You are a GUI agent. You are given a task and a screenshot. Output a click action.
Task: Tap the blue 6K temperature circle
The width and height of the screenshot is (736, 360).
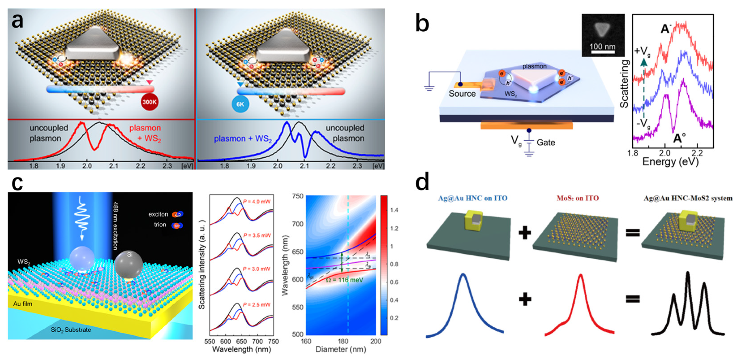(x=240, y=104)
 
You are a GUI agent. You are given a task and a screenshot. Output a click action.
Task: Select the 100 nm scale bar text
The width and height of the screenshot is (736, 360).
(x=602, y=46)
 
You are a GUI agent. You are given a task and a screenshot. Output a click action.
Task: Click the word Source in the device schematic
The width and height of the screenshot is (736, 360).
(x=462, y=94)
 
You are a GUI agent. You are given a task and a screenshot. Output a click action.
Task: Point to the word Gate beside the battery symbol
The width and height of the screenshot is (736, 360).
(x=546, y=142)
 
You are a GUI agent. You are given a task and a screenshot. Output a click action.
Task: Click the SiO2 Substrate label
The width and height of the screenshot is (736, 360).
(x=71, y=330)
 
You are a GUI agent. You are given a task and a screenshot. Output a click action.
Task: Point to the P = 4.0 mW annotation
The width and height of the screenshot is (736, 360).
(x=257, y=202)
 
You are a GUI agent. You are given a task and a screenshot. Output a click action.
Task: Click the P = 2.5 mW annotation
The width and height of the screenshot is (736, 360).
(x=257, y=305)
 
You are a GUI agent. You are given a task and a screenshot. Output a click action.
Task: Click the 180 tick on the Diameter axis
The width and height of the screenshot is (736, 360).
(x=342, y=341)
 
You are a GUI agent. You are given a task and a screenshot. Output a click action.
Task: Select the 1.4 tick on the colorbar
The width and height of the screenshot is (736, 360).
(x=394, y=210)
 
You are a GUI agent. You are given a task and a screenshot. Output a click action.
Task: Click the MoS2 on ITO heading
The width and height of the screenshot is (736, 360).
(x=578, y=198)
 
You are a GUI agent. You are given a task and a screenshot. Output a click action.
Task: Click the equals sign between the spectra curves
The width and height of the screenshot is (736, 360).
(x=633, y=299)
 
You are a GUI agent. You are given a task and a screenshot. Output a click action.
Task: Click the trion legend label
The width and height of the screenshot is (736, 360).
(x=160, y=225)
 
